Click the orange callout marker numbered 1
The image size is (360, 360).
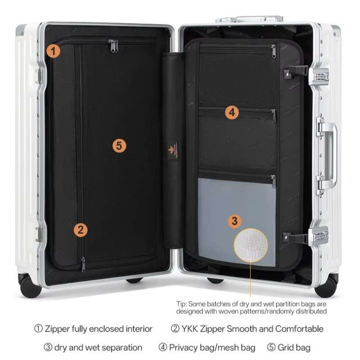coord(53,51)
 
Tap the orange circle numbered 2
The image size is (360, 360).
coord(81,230)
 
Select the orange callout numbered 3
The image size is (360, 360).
coord(234,221)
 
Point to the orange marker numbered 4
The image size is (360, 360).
coord(232,112)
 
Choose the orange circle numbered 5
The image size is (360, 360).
coord(119,145)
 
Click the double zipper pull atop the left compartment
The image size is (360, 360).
coord(113,46)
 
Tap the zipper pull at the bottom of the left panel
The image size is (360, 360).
coord(83,264)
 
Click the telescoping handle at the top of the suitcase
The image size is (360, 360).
coord(249,19)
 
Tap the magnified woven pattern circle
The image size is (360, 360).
coord(251,245)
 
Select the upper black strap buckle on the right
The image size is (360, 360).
coord(296,71)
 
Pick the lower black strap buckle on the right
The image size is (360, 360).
coord(295,238)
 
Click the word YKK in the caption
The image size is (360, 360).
coord(189,329)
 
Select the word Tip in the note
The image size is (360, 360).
coord(181,304)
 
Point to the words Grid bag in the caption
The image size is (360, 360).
coord(294,347)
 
